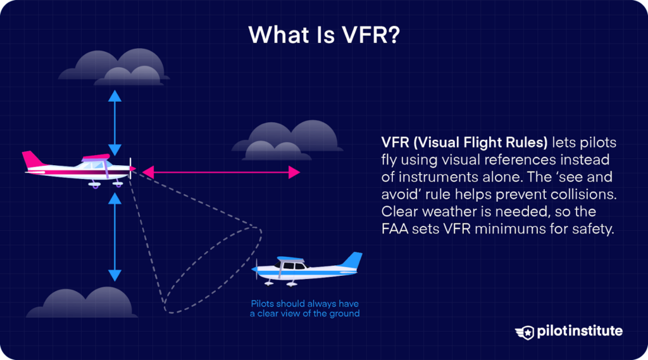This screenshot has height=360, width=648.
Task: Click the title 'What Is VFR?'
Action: tap(323, 34)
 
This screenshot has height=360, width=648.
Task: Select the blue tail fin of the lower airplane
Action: tap(352, 260)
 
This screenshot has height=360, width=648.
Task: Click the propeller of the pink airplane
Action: tap(131, 169)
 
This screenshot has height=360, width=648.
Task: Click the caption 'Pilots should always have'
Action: tap(305, 303)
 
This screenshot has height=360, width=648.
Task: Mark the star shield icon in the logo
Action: tap(525, 332)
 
